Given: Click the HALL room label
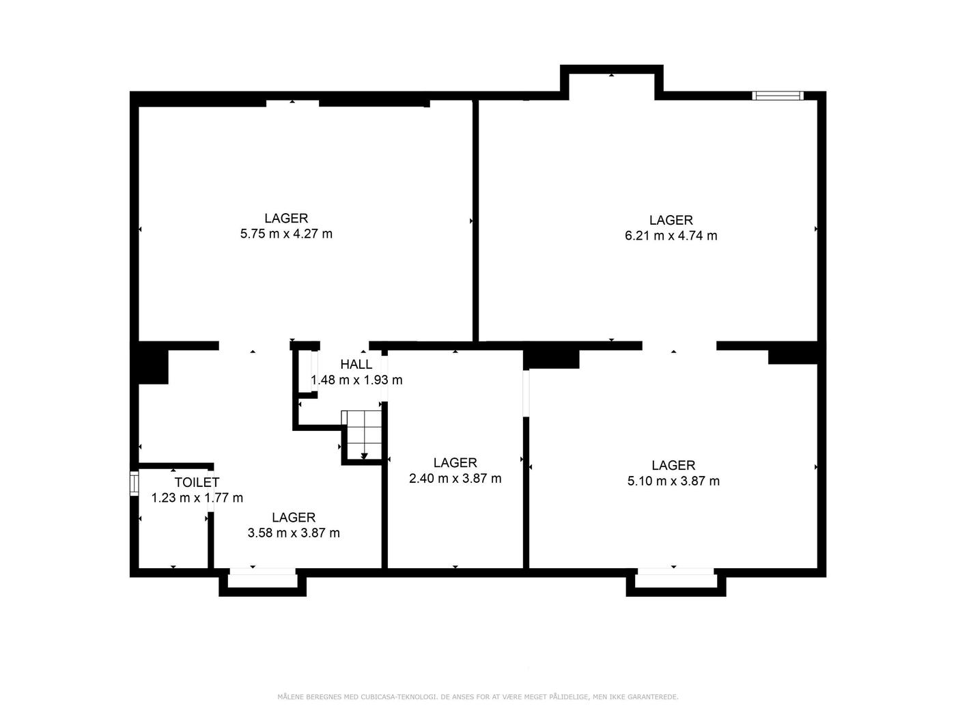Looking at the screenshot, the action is point(356,364).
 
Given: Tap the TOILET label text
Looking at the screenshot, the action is point(197,482).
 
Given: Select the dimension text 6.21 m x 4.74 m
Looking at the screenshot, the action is point(671,236).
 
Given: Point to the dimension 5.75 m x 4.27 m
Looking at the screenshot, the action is point(286,234).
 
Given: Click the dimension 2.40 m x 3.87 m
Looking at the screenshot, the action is point(455,479).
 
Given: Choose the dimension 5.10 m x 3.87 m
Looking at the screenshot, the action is point(673,481).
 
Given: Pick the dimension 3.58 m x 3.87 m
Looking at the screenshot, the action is point(294,533).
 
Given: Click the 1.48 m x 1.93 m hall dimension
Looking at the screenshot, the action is point(356,380).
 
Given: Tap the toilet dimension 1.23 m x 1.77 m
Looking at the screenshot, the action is point(197,498).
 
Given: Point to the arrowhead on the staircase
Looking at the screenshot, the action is point(364,455).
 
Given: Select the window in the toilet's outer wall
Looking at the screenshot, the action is point(135,483).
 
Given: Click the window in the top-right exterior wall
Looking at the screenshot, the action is point(777,96).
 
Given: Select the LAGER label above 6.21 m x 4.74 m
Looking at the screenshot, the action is point(671,220).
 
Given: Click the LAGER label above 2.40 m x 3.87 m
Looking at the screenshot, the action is point(455,462).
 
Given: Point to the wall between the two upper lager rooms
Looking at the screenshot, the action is point(475,221).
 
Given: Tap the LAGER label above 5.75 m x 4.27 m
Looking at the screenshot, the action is point(286,218).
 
